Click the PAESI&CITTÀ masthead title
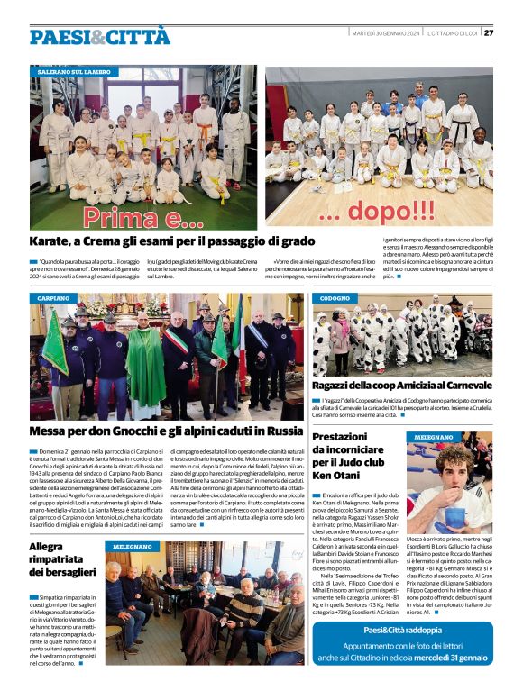click(x=99, y=37)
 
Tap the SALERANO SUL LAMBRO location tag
click(x=74, y=70)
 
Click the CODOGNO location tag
click(x=335, y=297)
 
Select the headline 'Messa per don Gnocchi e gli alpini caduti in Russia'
click(x=166, y=431)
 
